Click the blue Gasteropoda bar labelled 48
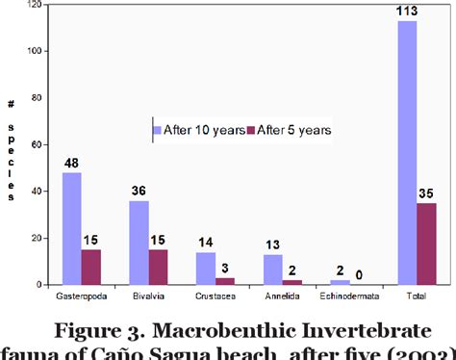(72, 229)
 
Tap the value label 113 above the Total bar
(407, 12)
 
